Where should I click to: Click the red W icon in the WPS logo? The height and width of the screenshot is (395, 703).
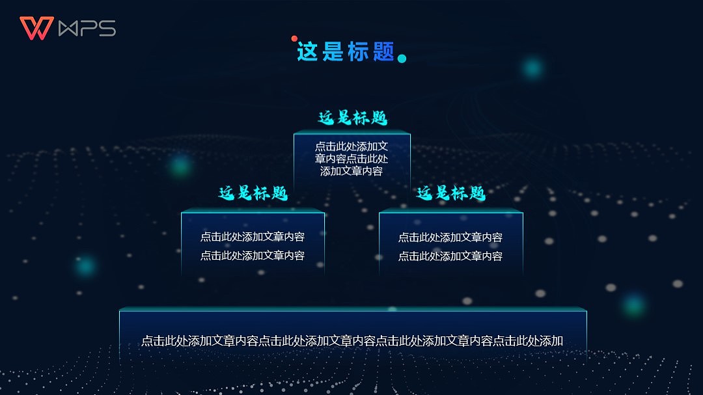(x=36, y=28)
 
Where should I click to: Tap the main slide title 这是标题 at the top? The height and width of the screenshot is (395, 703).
(x=346, y=51)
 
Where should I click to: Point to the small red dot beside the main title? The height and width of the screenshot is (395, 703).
(x=294, y=39)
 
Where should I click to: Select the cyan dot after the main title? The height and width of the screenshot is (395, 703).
(x=402, y=59)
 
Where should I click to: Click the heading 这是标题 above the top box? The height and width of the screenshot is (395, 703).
(x=352, y=118)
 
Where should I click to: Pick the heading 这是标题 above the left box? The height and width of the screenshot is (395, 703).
(x=253, y=193)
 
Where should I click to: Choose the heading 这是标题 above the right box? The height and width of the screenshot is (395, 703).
(x=450, y=193)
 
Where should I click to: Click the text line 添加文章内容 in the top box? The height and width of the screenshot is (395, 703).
(x=351, y=172)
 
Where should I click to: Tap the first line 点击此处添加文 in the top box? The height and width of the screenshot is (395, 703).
(x=351, y=147)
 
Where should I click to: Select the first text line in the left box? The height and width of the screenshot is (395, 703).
(x=253, y=237)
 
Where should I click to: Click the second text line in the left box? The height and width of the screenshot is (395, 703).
(x=253, y=256)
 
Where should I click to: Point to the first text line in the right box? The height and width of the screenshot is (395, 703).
(x=450, y=238)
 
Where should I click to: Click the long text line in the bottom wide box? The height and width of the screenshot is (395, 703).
(x=352, y=341)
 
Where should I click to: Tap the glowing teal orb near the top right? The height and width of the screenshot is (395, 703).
(x=533, y=68)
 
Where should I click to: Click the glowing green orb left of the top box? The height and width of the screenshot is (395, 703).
(x=180, y=165)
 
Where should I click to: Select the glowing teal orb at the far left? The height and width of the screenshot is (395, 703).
(x=85, y=265)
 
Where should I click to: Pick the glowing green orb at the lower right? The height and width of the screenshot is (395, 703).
(x=632, y=305)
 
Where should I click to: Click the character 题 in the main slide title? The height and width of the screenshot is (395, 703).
(x=384, y=51)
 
